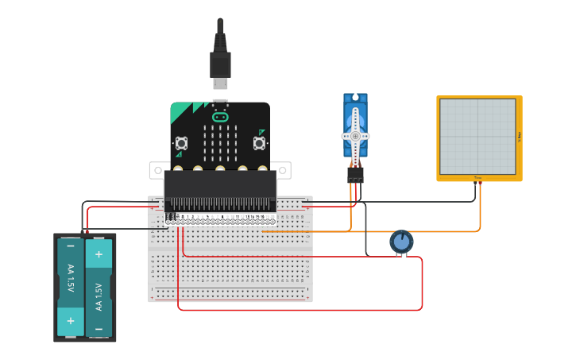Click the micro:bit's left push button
[182, 143]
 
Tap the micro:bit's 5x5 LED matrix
[220, 141]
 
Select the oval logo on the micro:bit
[220, 117]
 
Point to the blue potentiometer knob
[401, 242]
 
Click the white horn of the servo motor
[355, 135]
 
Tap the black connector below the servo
[355, 173]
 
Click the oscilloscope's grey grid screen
[477, 136]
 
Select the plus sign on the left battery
[70, 320]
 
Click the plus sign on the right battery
[99, 254]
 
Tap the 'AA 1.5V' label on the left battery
[70, 278]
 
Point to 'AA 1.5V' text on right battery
[99, 296]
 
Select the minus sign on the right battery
[99, 328]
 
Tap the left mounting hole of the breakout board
[157, 170]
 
